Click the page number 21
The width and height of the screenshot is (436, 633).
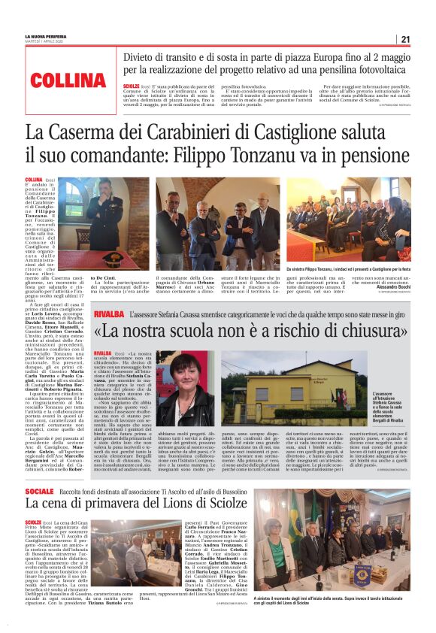coord(405,40)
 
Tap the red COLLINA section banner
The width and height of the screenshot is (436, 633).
coord(68,80)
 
